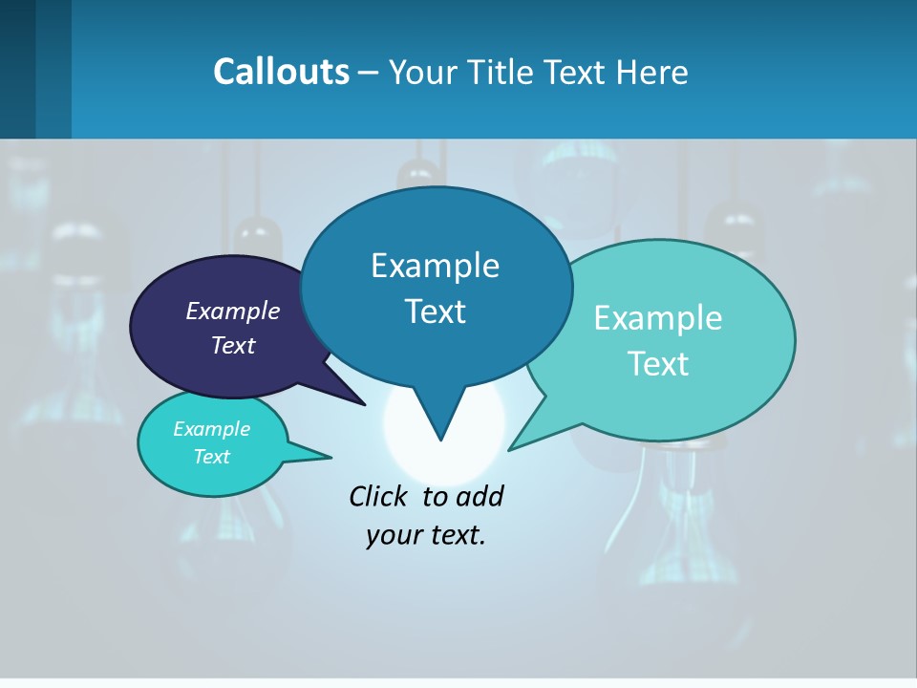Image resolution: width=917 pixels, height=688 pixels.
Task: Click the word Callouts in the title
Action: tap(281, 72)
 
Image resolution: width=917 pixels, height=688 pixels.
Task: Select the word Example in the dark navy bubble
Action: tap(233, 311)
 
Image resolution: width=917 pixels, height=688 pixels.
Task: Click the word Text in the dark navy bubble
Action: tap(233, 345)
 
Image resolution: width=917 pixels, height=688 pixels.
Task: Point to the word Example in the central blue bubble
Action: tap(435, 266)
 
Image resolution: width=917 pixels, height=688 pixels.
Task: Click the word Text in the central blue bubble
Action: tap(435, 312)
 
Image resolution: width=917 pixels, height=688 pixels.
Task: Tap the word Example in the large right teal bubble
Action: tap(658, 318)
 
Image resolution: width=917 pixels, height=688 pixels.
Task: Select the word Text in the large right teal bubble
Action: tap(658, 364)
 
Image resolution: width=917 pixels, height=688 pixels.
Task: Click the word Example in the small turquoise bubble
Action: tap(212, 429)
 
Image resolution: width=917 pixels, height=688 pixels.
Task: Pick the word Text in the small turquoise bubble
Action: tap(212, 457)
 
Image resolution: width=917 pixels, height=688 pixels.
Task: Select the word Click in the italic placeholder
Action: tap(380, 496)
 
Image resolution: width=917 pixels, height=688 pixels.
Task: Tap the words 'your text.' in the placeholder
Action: tap(426, 535)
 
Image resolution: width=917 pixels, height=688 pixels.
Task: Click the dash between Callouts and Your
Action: tap(369, 72)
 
